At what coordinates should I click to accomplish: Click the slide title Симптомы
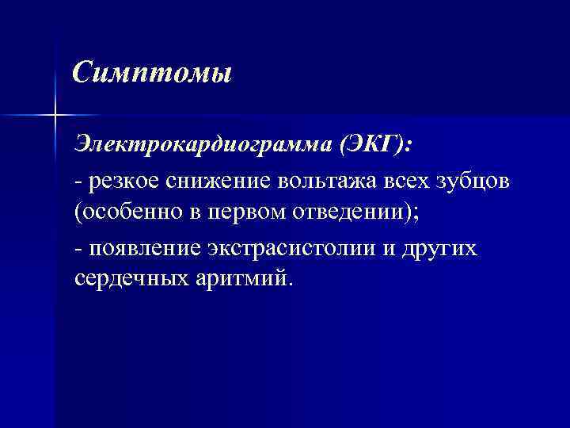[151, 74]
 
